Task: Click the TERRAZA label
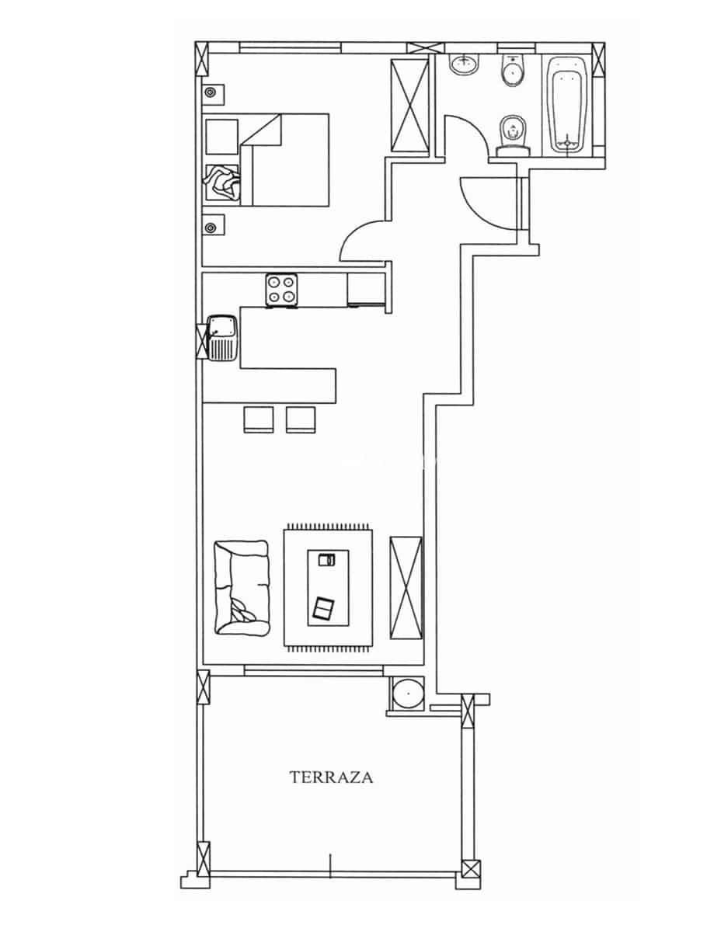331,777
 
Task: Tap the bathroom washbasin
465,64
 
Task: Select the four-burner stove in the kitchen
282,290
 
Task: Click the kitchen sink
224,338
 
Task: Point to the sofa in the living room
242,587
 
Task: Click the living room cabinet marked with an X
406,587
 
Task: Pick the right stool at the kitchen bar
301,419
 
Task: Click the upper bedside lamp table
211,93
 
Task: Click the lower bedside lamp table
211,226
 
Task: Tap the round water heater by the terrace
407,693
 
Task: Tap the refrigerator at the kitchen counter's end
364,290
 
